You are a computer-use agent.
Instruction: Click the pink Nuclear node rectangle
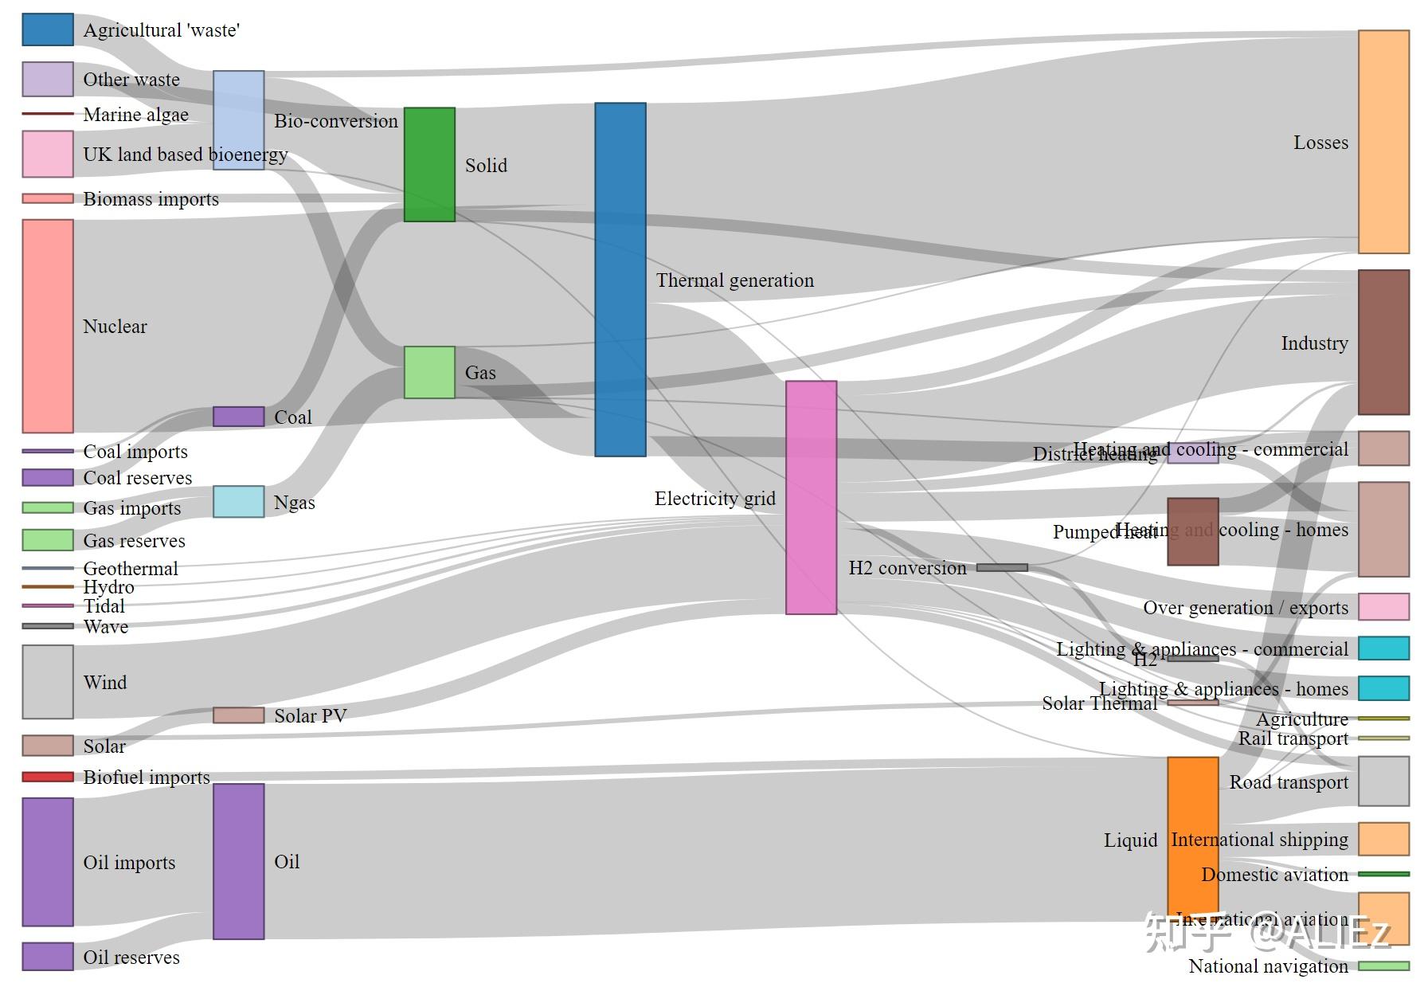click(x=48, y=326)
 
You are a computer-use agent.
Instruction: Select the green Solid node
click(x=429, y=164)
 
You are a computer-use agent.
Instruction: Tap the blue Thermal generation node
click(x=620, y=279)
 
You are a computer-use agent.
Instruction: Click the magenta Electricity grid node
click(x=811, y=497)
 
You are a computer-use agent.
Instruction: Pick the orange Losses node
click(x=1383, y=142)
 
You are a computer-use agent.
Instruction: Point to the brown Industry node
click(x=1383, y=343)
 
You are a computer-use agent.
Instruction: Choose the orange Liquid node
click(x=1192, y=836)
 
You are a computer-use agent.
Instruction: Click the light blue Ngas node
click(x=238, y=502)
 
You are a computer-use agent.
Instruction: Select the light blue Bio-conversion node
click(x=238, y=119)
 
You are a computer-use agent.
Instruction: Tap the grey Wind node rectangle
click(x=48, y=682)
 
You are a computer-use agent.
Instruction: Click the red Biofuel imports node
click(x=48, y=777)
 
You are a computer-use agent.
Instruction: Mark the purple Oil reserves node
click(x=48, y=956)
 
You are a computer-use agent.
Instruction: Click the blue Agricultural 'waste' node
click(x=48, y=29)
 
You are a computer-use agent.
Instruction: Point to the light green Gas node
click(x=429, y=372)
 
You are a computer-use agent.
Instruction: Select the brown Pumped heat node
click(x=1192, y=531)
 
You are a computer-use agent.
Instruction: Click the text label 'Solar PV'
click(x=311, y=716)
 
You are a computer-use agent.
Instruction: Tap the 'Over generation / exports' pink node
click(x=1383, y=606)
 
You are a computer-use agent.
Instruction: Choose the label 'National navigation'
click(x=1268, y=966)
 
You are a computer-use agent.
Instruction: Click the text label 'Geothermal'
click(x=131, y=569)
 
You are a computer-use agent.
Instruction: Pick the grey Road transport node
click(x=1383, y=781)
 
